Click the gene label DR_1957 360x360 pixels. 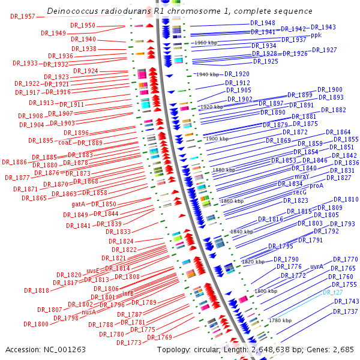[23, 16]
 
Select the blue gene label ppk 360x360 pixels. [316, 35]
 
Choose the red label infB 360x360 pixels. [127, 294]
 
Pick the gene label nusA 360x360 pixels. [89, 312]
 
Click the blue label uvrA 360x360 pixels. [317, 266]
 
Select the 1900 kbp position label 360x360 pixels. [215, 139]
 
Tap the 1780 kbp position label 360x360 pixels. [280, 320]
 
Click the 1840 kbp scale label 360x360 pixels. [242, 232]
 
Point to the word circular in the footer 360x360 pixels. [227, 349]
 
